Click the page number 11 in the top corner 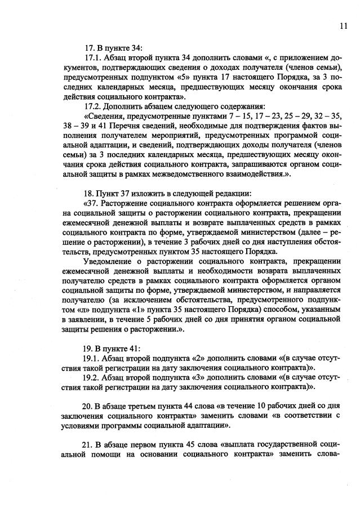pos(343,25)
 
